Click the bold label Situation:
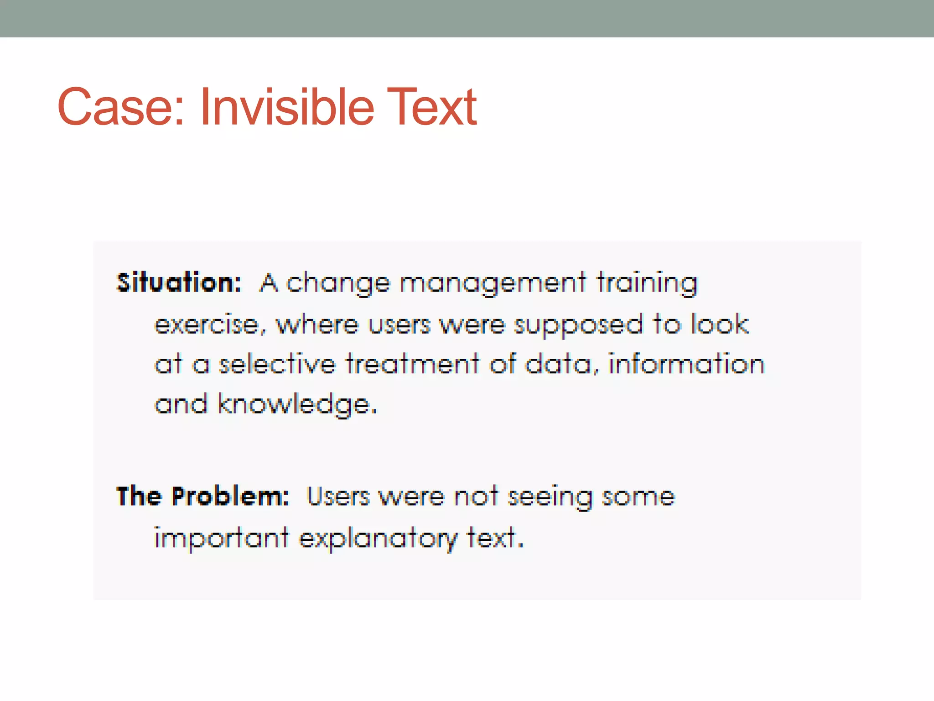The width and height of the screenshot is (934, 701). (x=178, y=283)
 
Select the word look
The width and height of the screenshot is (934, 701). (x=720, y=324)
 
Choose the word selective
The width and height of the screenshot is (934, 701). (x=277, y=365)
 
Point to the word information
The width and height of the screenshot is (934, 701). (x=686, y=365)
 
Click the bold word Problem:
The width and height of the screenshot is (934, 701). (x=230, y=497)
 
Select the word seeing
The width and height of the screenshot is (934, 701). (x=550, y=497)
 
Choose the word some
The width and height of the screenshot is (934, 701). (x=638, y=497)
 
